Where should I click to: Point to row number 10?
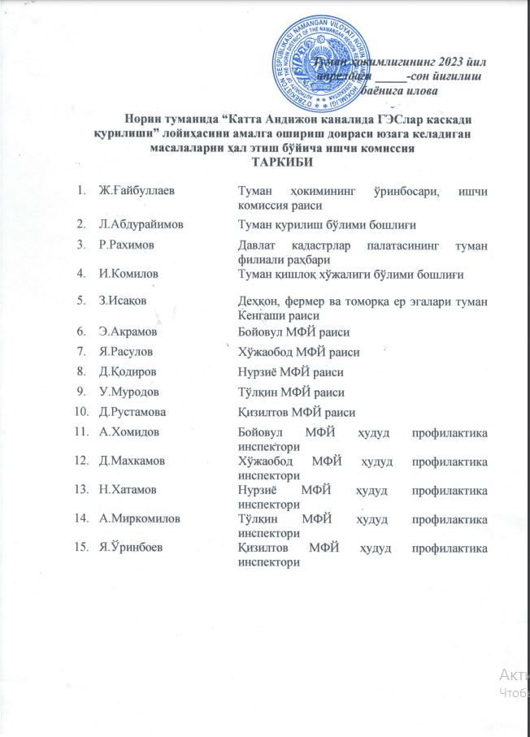coord(80,412)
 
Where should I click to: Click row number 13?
coord(80,490)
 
